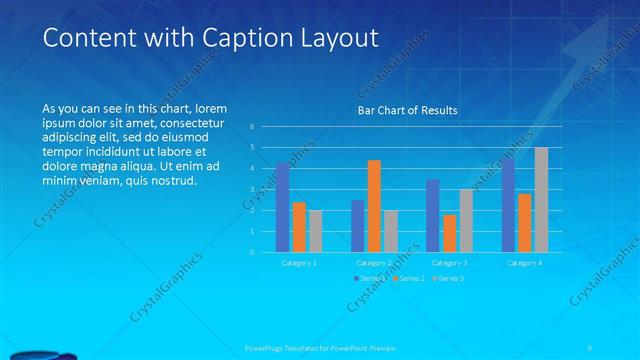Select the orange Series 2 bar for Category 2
tap(374, 206)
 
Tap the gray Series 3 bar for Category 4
tap(541, 200)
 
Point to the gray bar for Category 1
tap(315, 231)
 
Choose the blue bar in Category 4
tap(509, 205)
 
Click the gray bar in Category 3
tap(466, 221)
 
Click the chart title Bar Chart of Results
tap(408, 110)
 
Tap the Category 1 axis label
tap(299, 262)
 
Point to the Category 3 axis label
tap(450, 262)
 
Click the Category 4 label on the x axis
tap(525, 262)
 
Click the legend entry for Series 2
tap(410, 278)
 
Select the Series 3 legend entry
tap(451, 278)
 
